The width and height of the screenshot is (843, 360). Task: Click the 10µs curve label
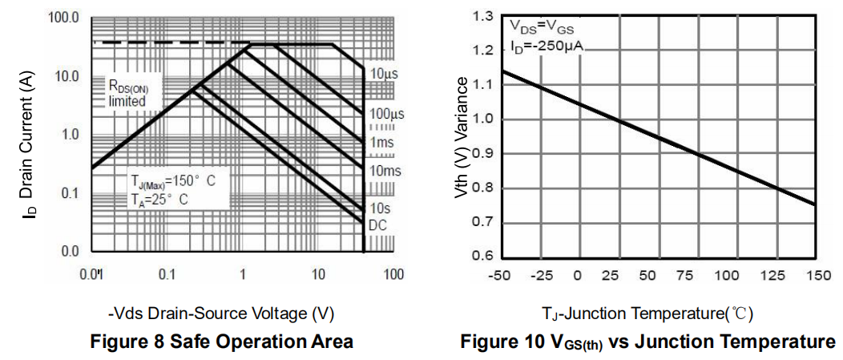point(384,74)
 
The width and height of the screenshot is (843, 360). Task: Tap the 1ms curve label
point(381,142)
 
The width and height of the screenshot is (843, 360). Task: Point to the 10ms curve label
point(385,170)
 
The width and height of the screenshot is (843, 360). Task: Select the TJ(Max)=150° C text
point(173,181)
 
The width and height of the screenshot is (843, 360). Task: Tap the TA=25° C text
point(159,200)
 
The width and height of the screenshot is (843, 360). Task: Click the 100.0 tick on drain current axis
point(63,18)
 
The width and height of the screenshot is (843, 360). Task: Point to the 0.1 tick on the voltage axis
point(167,275)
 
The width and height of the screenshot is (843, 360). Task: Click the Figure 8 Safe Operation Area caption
point(222,342)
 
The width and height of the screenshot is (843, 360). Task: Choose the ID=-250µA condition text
point(547,47)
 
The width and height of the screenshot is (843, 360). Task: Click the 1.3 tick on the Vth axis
point(482,17)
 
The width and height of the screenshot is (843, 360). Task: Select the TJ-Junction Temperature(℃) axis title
point(647,313)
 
